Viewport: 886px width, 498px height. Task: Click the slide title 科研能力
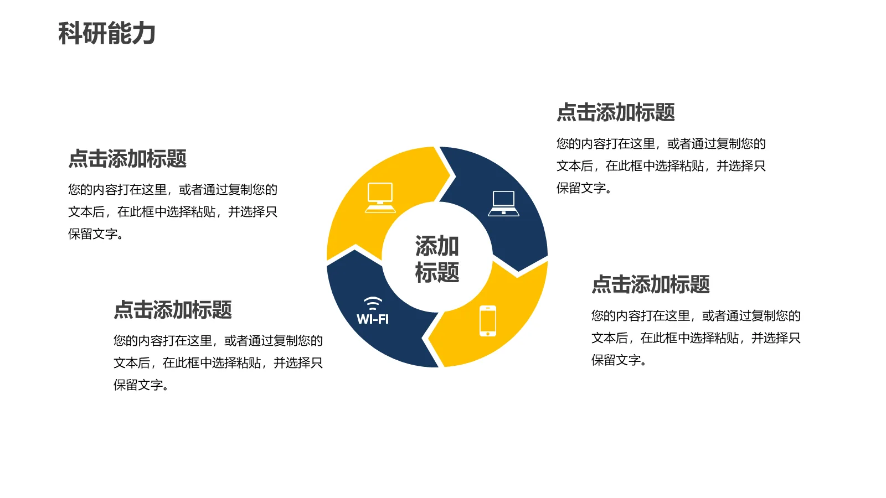(106, 33)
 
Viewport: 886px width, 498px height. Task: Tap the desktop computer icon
(380, 197)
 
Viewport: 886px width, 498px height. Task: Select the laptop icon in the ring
(503, 203)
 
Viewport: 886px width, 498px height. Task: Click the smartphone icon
(487, 320)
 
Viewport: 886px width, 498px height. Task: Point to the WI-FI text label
(373, 319)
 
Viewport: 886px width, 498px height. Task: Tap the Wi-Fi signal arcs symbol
(373, 303)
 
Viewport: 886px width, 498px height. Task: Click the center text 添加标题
(437, 259)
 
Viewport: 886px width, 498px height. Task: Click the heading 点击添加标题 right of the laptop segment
(615, 112)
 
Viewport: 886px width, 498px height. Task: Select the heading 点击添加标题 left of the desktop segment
(127, 159)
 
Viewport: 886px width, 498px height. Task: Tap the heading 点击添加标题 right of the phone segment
(651, 284)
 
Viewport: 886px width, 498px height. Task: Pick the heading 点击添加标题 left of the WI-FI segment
(173, 310)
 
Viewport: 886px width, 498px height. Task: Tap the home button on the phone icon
(487, 333)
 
